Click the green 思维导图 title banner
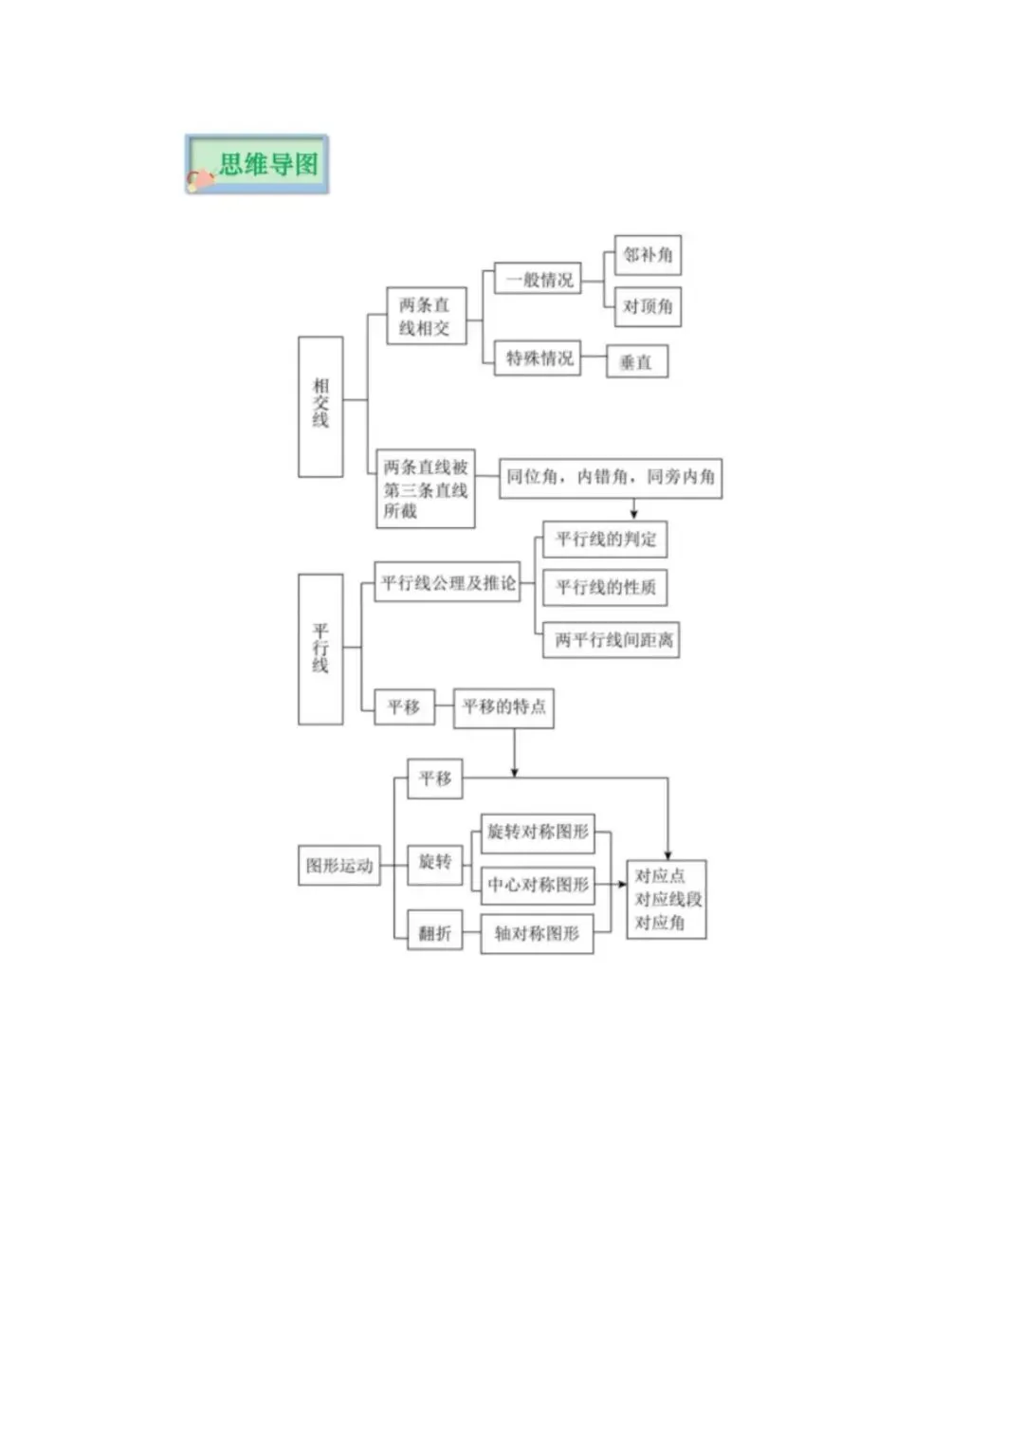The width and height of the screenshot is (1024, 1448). click(257, 164)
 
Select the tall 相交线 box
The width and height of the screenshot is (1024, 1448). click(320, 406)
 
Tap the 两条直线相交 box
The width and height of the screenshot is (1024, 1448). click(426, 316)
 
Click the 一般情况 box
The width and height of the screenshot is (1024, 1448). click(538, 280)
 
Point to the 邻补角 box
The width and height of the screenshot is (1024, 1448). click(648, 255)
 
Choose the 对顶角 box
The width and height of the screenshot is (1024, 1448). click(648, 306)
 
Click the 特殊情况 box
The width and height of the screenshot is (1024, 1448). click(538, 358)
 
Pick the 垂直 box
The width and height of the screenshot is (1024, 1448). click(636, 361)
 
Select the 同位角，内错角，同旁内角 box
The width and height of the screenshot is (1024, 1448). click(611, 477)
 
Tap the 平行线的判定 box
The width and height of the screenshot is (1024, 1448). click(605, 540)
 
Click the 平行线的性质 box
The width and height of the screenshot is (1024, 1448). click(605, 588)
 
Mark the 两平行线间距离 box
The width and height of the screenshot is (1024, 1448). click(612, 640)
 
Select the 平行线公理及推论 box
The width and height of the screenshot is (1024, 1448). click(448, 582)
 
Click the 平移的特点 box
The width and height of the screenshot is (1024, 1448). click(503, 707)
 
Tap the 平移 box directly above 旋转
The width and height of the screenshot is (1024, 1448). click(435, 779)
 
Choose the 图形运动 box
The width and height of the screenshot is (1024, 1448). click(339, 866)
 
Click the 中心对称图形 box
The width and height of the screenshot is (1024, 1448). click(538, 885)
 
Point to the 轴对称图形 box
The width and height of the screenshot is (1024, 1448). click(537, 934)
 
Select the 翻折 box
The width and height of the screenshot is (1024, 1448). click(435, 934)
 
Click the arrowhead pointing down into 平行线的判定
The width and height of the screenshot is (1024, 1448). click(634, 513)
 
